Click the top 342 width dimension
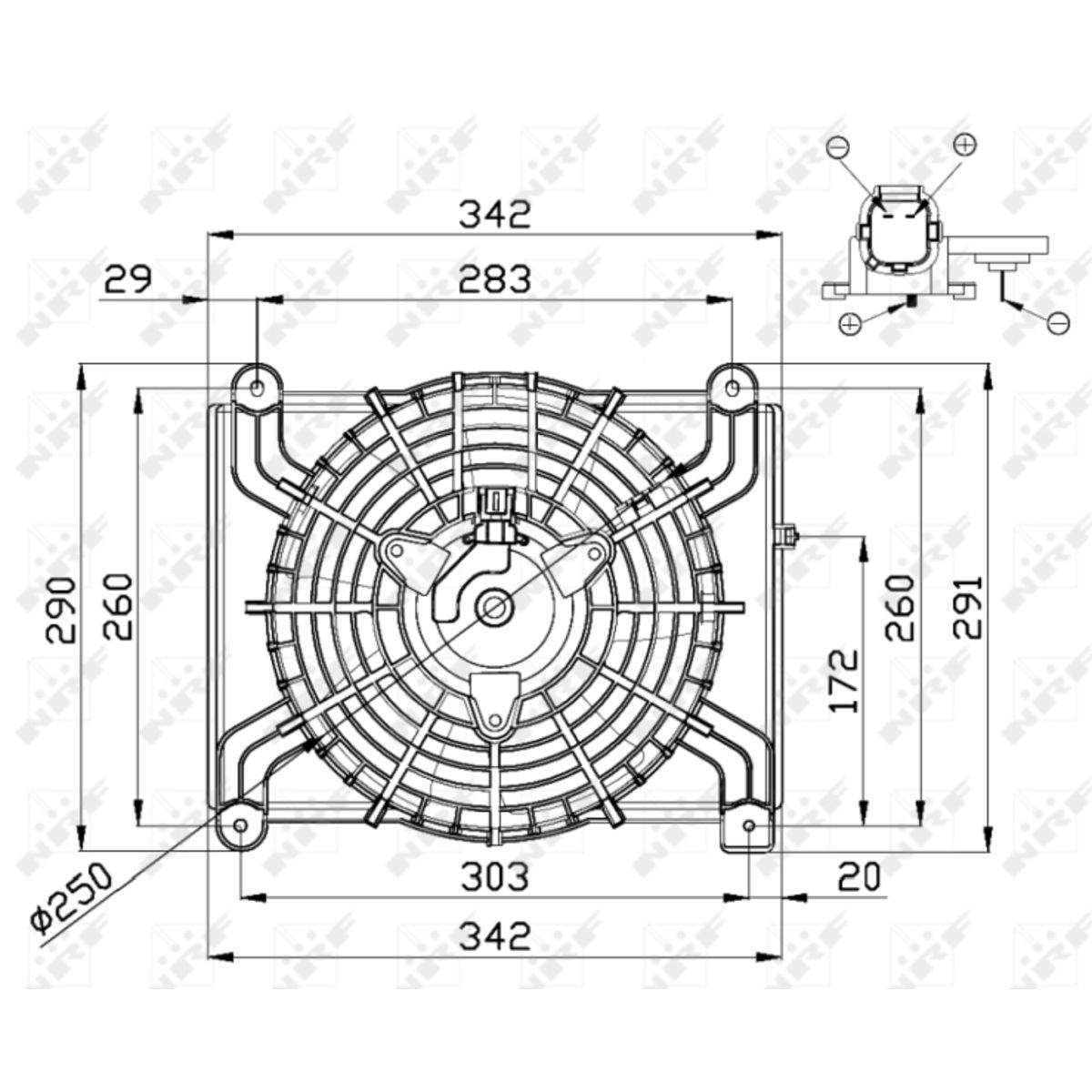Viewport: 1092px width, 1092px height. click(x=495, y=214)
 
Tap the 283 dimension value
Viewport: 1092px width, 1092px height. click(x=495, y=279)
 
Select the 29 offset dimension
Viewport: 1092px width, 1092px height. click(x=128, y=278)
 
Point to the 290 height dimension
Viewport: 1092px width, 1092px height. click(x=61, y=611)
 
